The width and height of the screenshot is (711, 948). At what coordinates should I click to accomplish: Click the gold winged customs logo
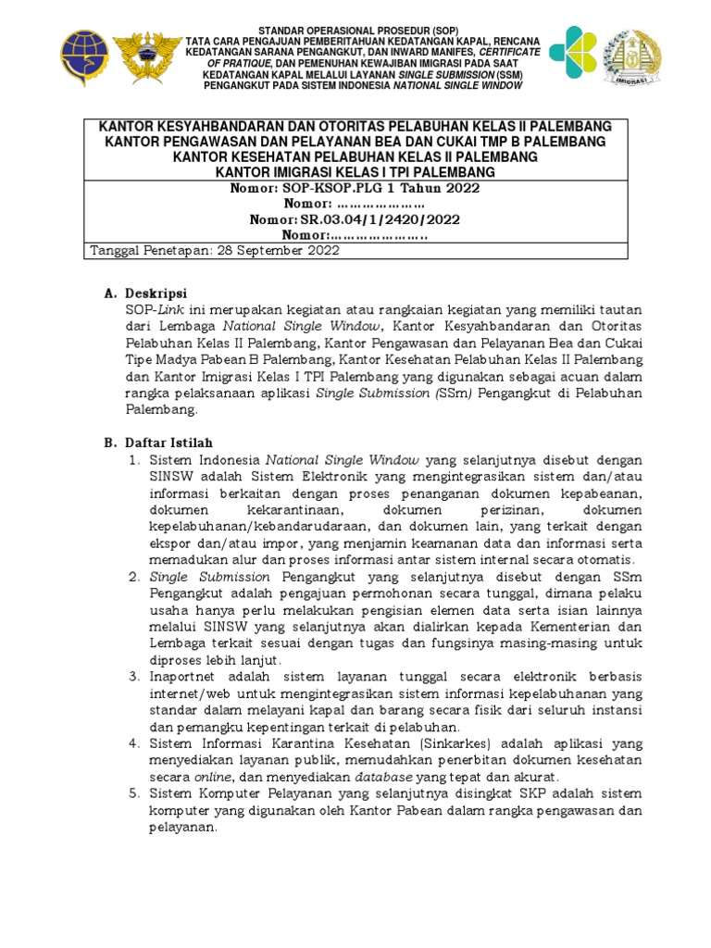click(x=146, y=56)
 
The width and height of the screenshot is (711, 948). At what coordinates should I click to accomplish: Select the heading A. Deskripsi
click(x=145, y=293)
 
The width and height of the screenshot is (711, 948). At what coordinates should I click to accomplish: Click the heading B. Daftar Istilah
click(x=158, y=443)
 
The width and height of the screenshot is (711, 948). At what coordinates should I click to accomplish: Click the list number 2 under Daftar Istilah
click(x=133, y=577)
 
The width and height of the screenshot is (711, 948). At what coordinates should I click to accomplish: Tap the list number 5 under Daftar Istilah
click(x=133, y=794)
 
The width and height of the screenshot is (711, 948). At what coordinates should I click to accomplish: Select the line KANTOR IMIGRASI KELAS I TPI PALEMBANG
click(x=355, y=172)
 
